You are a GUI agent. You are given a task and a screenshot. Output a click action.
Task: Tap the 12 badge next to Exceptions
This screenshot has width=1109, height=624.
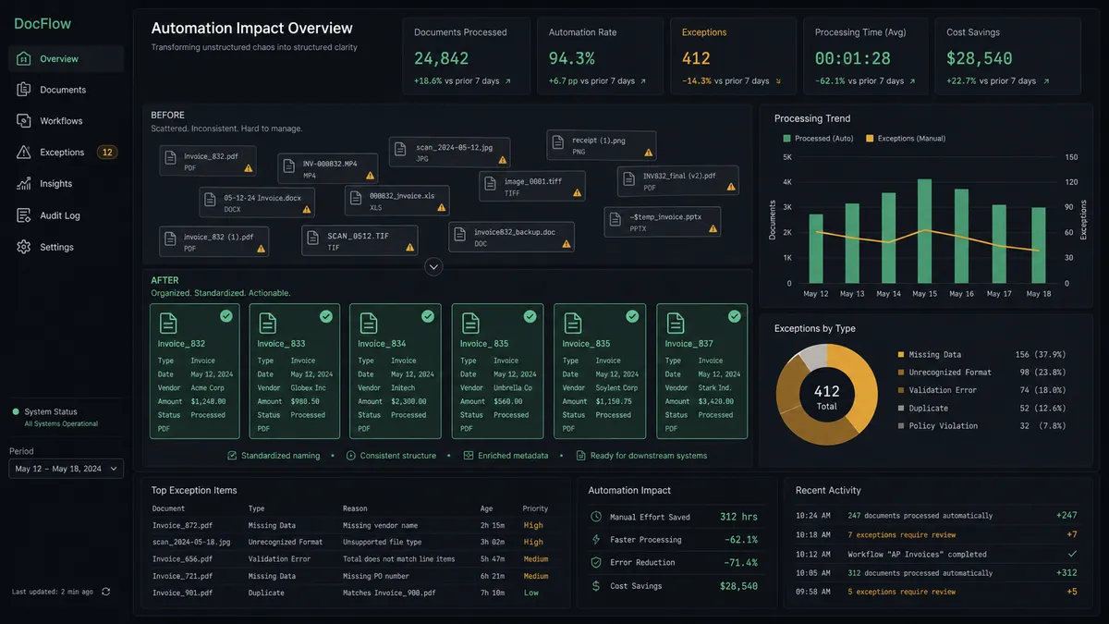(x=107, y=152)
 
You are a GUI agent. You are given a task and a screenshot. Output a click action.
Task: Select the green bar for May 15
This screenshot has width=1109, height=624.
(x=924, y=231)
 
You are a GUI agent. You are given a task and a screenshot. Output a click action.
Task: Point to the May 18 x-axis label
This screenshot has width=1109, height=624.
(x=1038, y=294)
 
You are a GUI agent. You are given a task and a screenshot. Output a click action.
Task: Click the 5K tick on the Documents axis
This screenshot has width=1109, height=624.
(x=787, y=157)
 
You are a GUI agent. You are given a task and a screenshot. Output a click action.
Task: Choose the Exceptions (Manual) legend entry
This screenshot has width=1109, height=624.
(x=906, y=139)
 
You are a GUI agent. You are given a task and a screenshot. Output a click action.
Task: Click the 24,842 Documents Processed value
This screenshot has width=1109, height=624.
(x=441, y=58)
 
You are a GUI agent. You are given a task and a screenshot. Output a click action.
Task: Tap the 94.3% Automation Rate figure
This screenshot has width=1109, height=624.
(x=571, y=58)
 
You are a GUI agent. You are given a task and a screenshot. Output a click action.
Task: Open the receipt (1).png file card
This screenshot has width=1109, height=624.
(x=602, y=146)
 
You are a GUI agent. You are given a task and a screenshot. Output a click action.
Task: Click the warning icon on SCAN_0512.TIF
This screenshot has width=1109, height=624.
(x=410, y=247)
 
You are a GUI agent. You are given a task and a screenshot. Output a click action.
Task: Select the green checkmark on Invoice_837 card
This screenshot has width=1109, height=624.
(x=734, y=316)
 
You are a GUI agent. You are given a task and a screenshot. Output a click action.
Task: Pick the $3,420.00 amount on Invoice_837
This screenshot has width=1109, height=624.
(x=716, y=401)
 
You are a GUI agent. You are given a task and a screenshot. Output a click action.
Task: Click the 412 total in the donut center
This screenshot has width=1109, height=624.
(x=826, y=391)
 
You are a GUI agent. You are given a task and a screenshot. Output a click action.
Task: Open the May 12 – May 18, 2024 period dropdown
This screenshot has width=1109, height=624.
(x=66, y=469)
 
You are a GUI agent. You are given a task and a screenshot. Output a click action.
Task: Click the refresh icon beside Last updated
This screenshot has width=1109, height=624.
(x=105, y=592)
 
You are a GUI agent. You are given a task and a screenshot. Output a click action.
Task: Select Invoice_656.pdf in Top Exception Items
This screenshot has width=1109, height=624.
(x=182, y=559)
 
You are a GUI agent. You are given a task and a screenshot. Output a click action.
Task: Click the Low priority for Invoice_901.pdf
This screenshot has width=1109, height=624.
(x=530, y=593)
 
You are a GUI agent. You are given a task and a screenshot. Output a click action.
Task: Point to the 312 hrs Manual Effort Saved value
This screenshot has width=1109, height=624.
(x=738, y=517)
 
